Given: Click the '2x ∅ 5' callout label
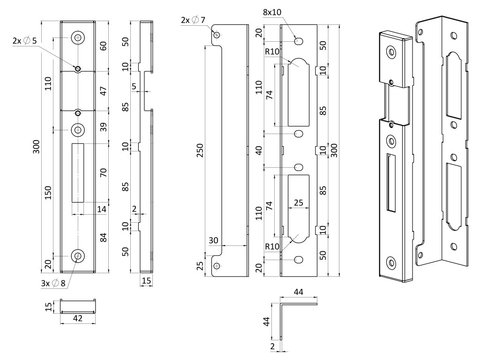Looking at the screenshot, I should click(24, 41).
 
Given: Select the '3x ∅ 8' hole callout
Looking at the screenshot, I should click(52, 283).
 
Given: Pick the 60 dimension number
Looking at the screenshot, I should click(104, 45).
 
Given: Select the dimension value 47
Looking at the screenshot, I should click(104, 90).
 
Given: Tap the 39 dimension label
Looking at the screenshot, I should click(104, 126).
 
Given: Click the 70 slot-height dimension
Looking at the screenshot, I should click(104, 172).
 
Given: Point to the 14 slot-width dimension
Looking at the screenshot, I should click(102, 210).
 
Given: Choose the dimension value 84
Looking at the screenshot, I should click(104, 237).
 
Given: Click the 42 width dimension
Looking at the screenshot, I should click(78, 318).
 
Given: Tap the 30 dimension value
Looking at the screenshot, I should click(214, 240).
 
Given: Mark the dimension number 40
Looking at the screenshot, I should click(258, 150).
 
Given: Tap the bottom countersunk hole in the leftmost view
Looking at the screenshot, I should click(78, 256).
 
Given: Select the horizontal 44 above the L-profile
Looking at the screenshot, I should click(299, 292).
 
